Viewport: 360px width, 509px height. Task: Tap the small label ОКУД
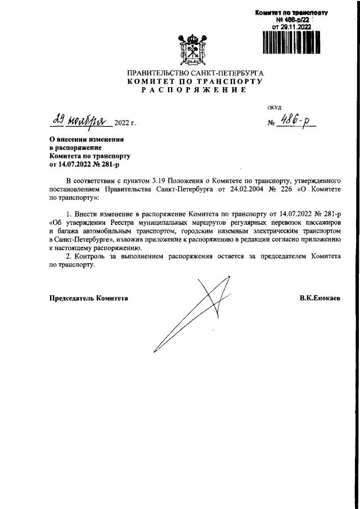[x=274, y=107]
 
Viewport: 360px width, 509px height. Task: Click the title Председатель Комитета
[x=89, y=298]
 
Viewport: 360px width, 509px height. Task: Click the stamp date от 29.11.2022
[x=291, y=26]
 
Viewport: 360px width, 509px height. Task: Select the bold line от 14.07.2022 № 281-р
[x=85, y=165]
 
